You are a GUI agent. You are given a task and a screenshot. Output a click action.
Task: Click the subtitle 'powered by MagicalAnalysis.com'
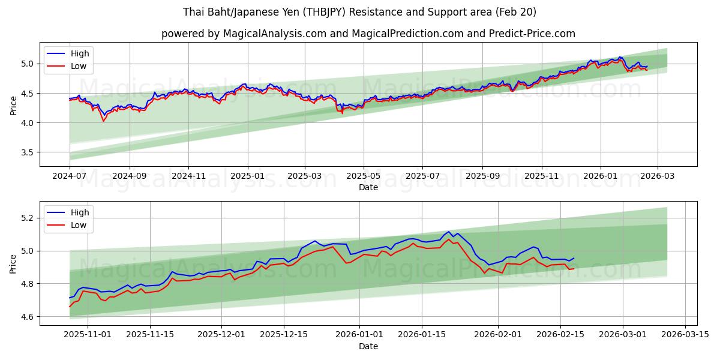coord(368,34)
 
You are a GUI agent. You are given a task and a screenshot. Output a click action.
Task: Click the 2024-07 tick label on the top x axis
coord(70,176)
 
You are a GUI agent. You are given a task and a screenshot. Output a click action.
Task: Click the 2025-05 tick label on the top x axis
coord(363,176)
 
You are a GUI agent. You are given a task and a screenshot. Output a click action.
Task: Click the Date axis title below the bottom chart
coord(368,346)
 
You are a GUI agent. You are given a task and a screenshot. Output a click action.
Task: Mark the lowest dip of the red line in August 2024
coord(103,121)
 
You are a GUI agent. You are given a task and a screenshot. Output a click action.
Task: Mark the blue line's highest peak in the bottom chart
coord(448,232)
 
